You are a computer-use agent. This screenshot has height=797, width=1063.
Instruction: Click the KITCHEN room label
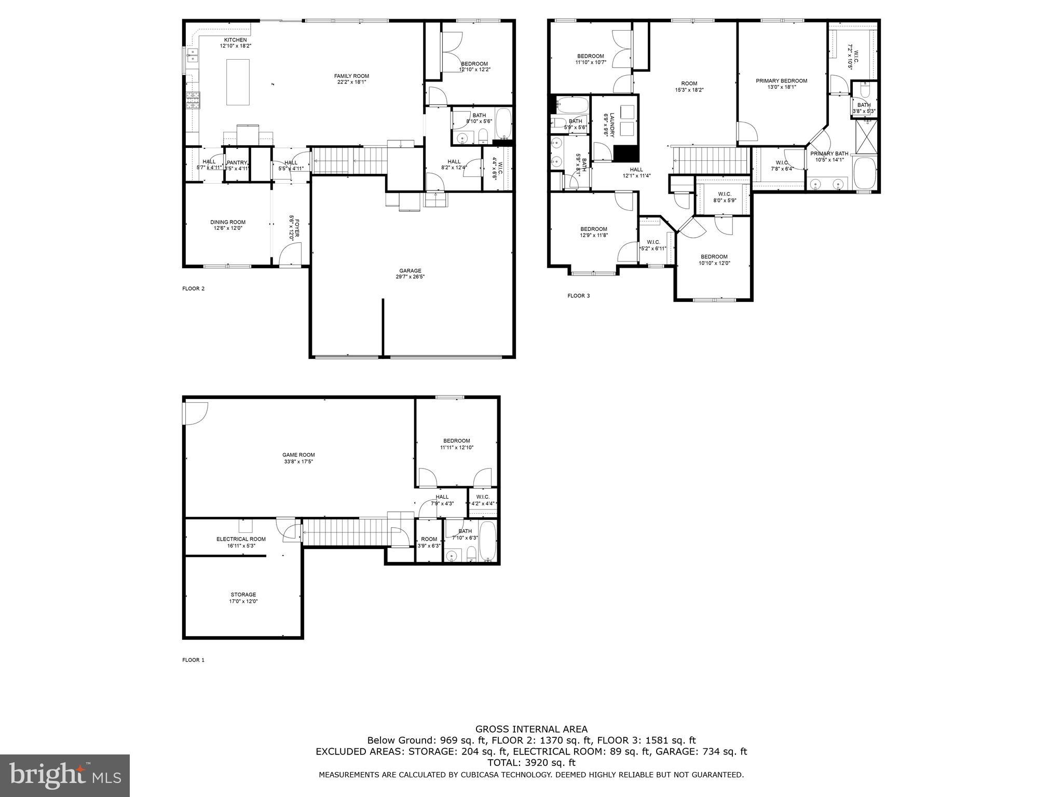235,40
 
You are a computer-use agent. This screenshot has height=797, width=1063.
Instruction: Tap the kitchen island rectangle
237,82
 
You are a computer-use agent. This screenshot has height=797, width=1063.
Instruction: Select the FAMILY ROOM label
351,76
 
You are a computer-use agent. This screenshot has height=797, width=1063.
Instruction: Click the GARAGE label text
410,271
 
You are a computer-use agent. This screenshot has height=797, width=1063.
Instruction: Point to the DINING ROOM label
228,222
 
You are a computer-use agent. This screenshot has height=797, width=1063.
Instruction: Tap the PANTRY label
237,162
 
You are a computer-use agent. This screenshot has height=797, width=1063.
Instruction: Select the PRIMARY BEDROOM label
781,81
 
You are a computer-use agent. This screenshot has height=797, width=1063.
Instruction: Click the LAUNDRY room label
612,125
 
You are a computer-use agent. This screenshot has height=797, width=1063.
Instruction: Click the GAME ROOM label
298,455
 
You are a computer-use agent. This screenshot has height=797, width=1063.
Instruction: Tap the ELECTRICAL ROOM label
241,539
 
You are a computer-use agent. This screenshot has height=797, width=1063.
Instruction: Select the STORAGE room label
243,595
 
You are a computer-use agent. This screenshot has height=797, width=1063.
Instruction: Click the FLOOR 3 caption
578,296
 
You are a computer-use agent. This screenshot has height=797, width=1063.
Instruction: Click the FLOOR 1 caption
193,660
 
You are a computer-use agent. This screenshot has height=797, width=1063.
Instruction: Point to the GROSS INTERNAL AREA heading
531,729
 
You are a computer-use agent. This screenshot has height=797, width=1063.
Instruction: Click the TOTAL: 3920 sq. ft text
531,763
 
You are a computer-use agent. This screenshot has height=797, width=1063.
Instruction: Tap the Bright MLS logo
65,776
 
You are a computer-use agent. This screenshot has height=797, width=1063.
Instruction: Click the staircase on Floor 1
345,532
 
